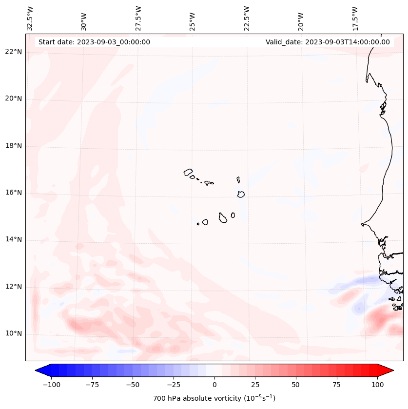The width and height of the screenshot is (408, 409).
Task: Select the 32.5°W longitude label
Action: tap(30, 18)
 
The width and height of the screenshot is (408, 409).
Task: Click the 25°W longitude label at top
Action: tap(193, 18)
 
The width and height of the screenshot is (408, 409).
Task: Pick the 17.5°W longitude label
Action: tap(355, 18)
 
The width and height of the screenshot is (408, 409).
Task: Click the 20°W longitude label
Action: tap(301, 18)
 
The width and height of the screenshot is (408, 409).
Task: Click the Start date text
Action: tap(94, 42)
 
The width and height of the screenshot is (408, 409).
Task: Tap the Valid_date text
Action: tap(328, 42)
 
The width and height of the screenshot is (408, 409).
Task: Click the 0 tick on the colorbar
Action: tap(214, 385)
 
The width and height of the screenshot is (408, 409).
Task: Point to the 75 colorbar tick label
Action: tap(336, 385)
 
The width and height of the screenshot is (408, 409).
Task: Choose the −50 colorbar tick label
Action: tap(133, 385)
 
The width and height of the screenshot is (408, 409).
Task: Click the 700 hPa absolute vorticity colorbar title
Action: tap(214, 398)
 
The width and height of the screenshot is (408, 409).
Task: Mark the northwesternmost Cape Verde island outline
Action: tap(188, 172)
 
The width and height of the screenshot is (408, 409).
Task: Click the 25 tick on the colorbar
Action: tap(255, 385)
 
